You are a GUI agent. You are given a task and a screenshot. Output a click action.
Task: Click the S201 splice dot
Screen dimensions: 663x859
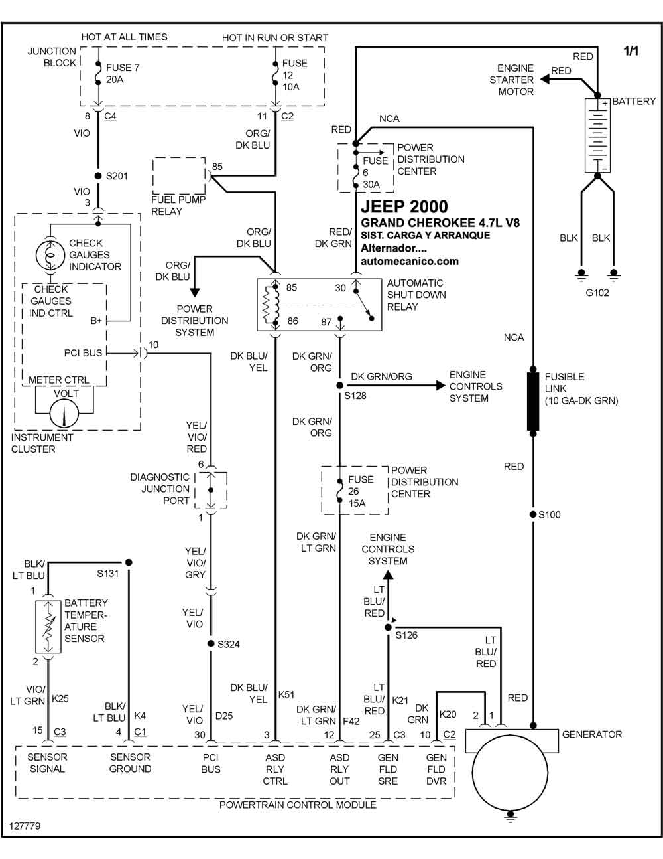coord(98,175)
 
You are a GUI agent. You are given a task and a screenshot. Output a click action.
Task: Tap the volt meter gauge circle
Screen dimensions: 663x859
coord(64,414)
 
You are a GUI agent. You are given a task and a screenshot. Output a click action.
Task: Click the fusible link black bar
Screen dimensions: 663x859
coord(533,401)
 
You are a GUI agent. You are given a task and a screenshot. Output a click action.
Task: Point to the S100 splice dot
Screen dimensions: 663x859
coord(533,514)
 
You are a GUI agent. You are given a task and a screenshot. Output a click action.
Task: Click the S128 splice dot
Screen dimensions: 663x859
coord(339,385)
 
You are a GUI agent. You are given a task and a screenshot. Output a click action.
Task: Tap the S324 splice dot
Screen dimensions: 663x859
coord(211,643)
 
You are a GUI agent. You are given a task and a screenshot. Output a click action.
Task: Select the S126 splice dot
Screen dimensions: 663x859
coord(389,627)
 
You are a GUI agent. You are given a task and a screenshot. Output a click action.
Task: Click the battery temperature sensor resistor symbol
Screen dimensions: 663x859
coord(48,627)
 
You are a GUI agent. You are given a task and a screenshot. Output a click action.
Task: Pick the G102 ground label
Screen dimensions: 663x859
coord(597,293)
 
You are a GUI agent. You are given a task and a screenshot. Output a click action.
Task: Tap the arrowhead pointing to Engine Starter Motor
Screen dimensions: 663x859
coord(544,79)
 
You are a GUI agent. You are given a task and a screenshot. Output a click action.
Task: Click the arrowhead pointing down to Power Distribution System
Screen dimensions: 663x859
coord(195,293)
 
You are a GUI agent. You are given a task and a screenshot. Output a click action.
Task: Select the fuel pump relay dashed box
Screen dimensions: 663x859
coord(179,175)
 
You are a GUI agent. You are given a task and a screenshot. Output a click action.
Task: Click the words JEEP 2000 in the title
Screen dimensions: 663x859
coord(404,206)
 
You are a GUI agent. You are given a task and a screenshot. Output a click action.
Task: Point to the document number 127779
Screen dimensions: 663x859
coord(25,826)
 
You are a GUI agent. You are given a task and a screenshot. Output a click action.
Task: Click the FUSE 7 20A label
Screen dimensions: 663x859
coord(123,74)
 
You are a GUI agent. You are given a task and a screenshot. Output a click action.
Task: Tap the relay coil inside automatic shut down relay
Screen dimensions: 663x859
coord(271,305)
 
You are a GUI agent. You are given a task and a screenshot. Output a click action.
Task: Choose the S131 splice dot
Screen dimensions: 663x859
coord(129,562)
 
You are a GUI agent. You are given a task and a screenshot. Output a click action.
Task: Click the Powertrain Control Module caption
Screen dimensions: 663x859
coord(298,805)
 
